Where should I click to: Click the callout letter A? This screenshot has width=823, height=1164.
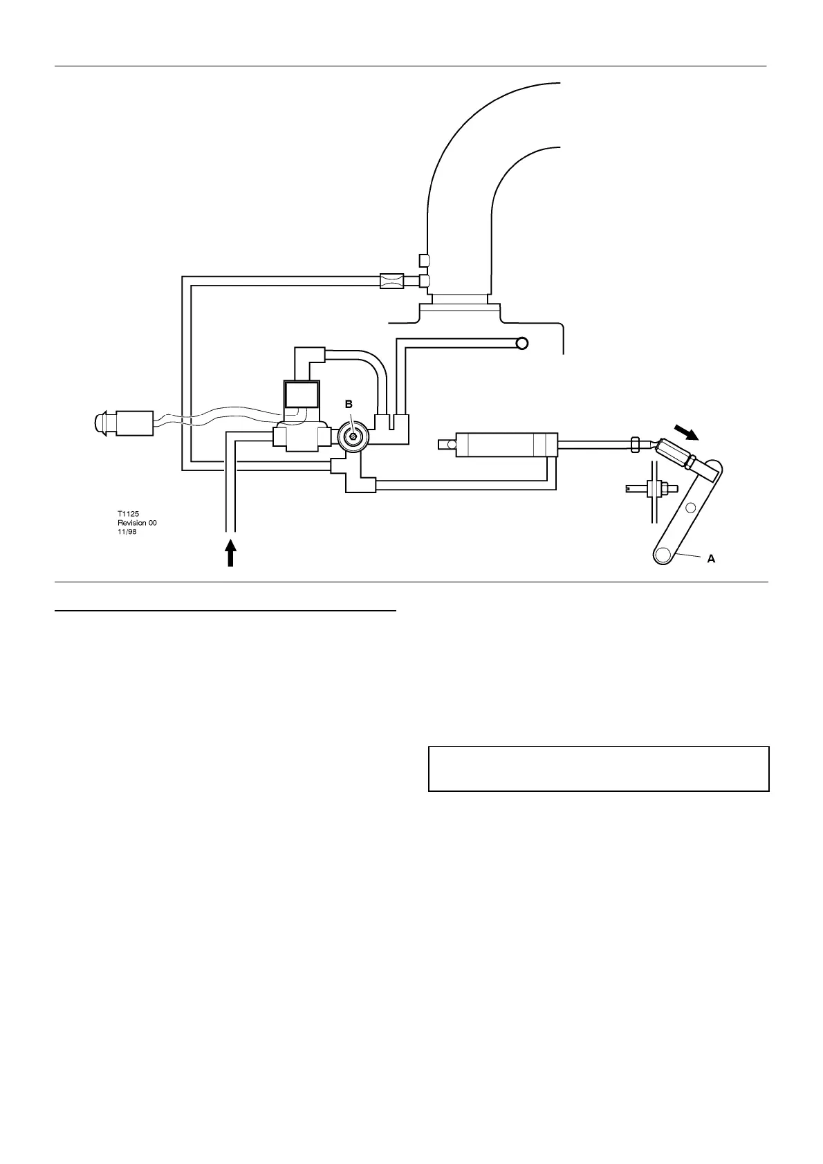coord(711,559)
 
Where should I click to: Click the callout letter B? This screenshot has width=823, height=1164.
coord(349,403)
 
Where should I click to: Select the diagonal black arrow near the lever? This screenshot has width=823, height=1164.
coord(688,433)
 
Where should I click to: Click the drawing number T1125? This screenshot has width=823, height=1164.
coord(128,514)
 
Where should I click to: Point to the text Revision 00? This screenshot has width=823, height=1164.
coord(137,523)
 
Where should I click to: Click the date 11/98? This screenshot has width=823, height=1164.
coord(127,532)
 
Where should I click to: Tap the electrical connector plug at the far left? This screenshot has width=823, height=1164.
coord(125,422)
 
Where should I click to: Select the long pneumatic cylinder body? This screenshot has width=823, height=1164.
coord(506,445)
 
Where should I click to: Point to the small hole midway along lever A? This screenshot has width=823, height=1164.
coord(690,508)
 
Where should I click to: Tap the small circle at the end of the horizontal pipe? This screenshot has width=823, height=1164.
coord(522,343)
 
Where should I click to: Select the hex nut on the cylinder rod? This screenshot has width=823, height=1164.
coord(635,443)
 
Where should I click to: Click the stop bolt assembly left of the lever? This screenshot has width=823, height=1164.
coord(652,488)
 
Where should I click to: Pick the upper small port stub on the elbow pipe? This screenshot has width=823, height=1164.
coord(425,260)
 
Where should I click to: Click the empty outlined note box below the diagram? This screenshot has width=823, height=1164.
coord(598,768)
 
